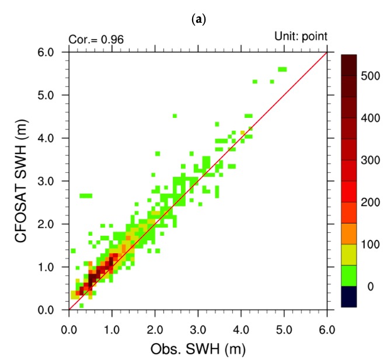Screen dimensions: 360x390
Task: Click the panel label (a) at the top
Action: coord(196,19)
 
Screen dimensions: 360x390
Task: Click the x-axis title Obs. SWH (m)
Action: coord(197,349)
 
